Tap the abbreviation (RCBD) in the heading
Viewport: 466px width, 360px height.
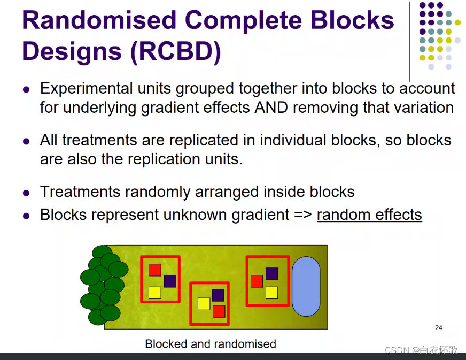[170, 52]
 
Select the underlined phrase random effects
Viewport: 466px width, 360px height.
[369, 215]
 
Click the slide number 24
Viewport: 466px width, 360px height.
[438, 328]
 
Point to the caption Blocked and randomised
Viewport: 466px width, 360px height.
[211, 344]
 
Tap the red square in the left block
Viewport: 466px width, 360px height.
[154, 270]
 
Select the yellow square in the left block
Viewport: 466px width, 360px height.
[154, 293]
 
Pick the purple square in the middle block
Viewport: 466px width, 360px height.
[218, 295]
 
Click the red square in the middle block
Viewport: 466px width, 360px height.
[219, 311]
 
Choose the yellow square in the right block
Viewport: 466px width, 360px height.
[271, 293]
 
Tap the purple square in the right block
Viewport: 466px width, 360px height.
[271, 273]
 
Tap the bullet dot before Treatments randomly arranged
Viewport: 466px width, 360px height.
[26, 193]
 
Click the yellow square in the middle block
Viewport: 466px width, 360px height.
[204, 304]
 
